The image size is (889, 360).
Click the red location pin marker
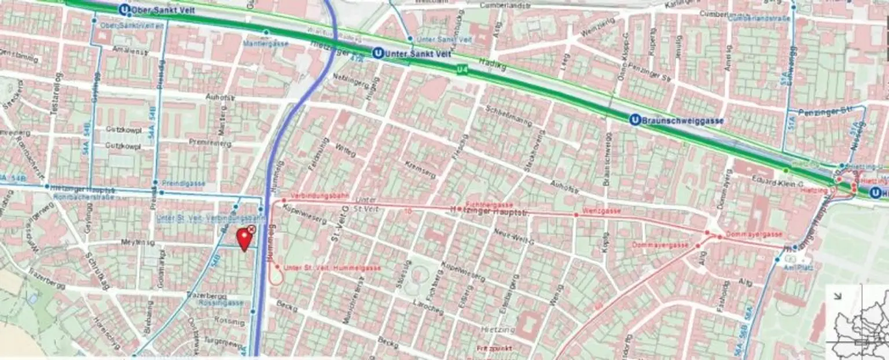point(244,238)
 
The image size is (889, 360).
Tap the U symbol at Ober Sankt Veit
point(124,10)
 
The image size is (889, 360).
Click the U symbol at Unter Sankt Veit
point(377,53)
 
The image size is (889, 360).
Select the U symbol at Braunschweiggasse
point(634,120)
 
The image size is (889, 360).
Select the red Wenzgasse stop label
point(602,211)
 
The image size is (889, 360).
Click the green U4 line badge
point(461,70)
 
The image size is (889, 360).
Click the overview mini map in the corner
point(857,321)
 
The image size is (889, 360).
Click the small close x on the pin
point(251,230)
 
